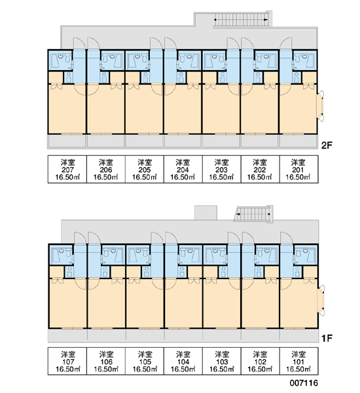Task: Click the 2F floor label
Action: (327, 145)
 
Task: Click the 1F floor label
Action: (327, 339)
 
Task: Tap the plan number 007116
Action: (304, 383)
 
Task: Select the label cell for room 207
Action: (67, 169)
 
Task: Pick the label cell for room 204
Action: (183, 169)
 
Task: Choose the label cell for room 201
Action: (298, 169)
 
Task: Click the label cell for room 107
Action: (67, 361)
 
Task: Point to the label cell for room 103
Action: (222, 361)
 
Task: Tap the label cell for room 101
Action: (299, 361)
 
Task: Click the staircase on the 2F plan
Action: (242, 20)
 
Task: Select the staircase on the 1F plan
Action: (253, 214)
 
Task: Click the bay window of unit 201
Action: (321, 105)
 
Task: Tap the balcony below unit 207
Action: (67, 141)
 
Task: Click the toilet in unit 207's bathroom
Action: (67, 58)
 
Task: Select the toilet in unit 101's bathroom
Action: (298, 253)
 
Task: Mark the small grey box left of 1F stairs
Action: (206, 213)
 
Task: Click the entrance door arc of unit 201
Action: (285, 43)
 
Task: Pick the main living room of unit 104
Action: (183, 303)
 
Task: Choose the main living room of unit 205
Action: (144, 109)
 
